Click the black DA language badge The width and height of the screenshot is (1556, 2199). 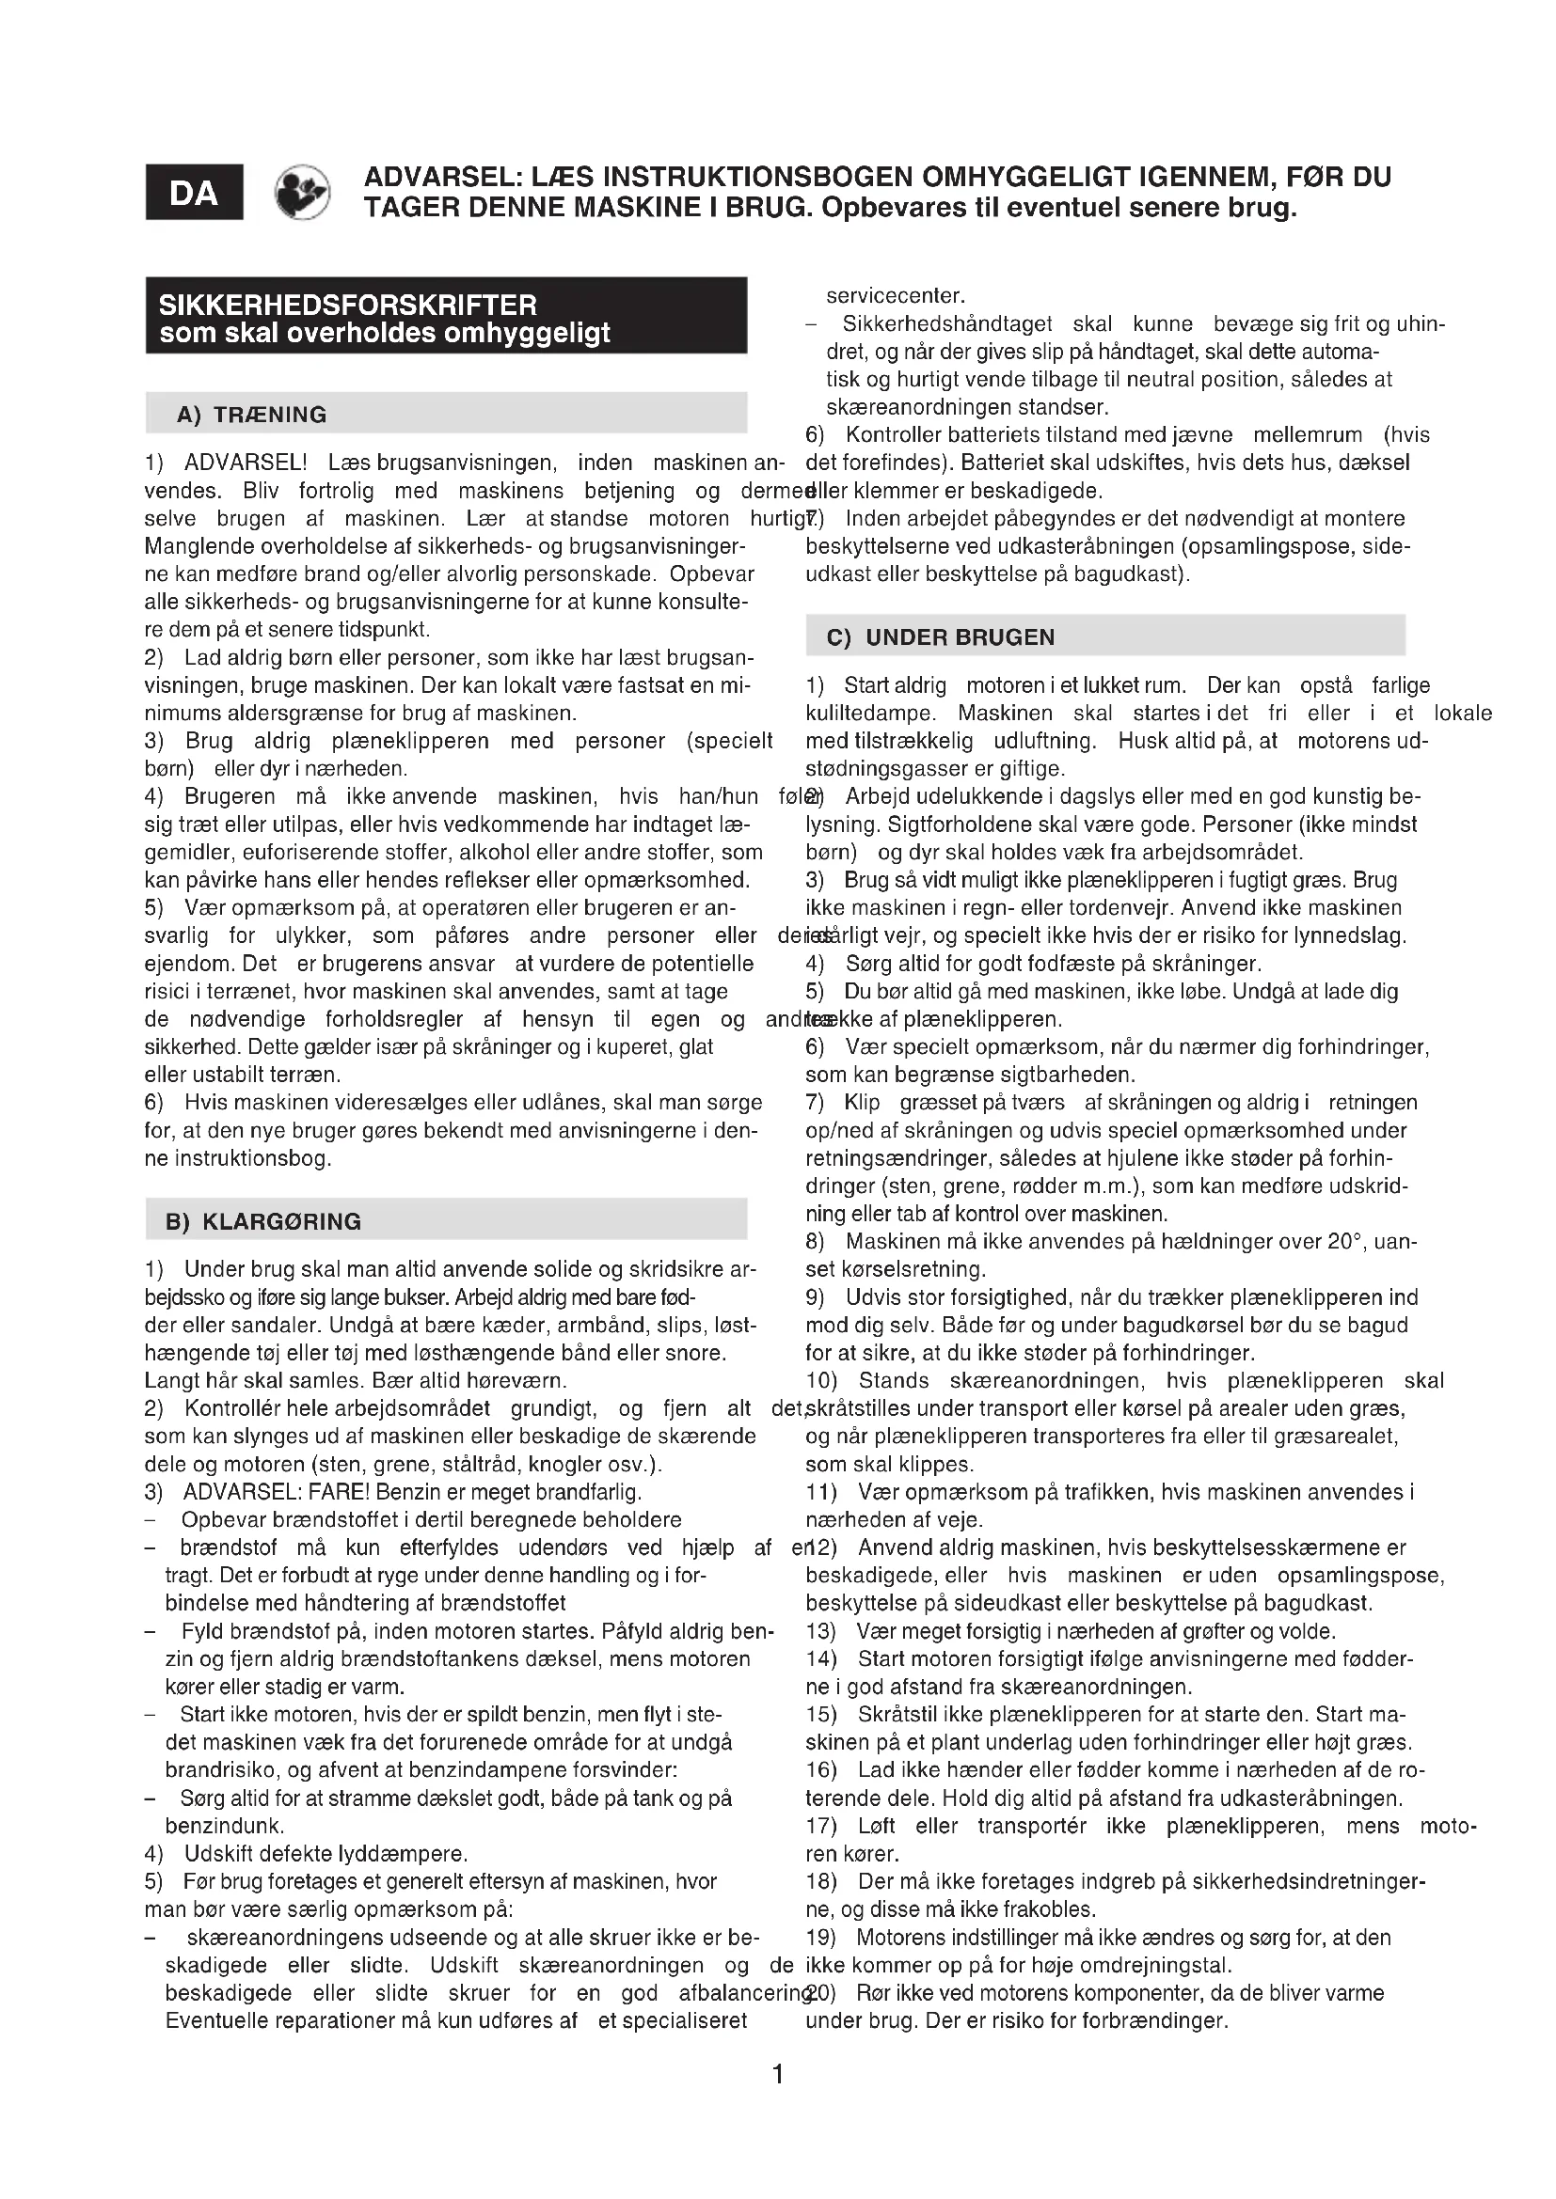[x=194, y=193]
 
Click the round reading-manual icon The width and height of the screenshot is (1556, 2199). [x=303, y=193]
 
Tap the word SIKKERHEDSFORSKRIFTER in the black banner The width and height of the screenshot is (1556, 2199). [x=348, y=306]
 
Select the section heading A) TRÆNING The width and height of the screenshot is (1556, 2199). [x=252, y=415]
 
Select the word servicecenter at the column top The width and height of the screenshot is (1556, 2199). [x=896, y=296]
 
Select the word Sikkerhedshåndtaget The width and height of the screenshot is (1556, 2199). [x=947, y=323]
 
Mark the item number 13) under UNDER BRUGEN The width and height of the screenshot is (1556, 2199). [x=821, y=1631]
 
